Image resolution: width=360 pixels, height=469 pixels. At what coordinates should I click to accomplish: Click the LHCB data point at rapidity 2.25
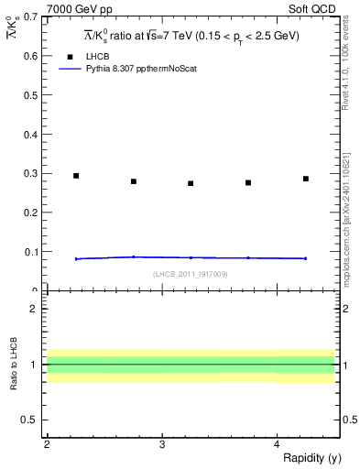(x=76, y=176)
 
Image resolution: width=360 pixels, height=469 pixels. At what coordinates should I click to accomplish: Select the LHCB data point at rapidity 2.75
(x=134, y=181)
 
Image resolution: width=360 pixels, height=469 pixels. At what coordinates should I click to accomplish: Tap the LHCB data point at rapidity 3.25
(x=191, y=183)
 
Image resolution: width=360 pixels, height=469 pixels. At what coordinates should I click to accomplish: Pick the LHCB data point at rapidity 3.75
(x=248, y=182)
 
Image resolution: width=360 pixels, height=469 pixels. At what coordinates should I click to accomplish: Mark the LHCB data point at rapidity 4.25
(x=306, y=179)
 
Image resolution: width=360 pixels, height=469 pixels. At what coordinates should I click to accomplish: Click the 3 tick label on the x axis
(x=161, y=444)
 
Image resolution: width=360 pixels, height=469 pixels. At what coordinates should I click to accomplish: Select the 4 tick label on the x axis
(x=277, y=444)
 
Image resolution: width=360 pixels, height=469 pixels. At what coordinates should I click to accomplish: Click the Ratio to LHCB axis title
(x=13, y=365)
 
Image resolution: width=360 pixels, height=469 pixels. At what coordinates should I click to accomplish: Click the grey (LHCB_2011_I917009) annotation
(x=190, y=274)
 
